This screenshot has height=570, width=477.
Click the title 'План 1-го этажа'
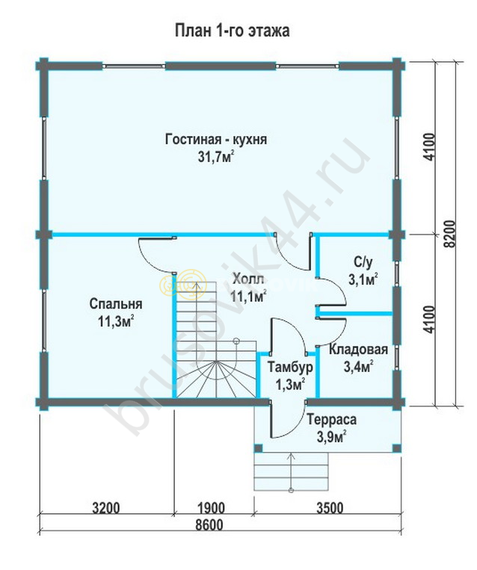tap(232, 31)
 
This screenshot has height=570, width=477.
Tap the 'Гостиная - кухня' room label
tap(216, 140)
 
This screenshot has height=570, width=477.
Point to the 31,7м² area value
tap(216, 158)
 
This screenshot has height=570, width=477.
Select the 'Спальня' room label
tap(116, 304)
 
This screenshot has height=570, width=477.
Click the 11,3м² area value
tap(116, 321)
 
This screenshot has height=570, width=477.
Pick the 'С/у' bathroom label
tap(363, 261)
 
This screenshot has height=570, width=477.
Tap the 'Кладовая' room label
tap(358, 350)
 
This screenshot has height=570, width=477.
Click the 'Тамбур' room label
tap(290, 367)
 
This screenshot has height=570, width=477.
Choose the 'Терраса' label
tap(331, 420)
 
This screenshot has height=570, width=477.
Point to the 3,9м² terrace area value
tap(331, 437)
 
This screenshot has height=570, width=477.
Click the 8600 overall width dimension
tap(209, 524)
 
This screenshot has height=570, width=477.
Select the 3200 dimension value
tap(106, 507)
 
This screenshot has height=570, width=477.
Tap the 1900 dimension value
tap(211, 507)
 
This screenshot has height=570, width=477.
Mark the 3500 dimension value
tap(329, 507)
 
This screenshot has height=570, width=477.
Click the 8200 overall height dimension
tap(450, 233)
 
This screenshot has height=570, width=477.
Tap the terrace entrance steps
tap(291, 471)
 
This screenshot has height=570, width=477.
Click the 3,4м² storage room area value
tap(358, 367)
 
